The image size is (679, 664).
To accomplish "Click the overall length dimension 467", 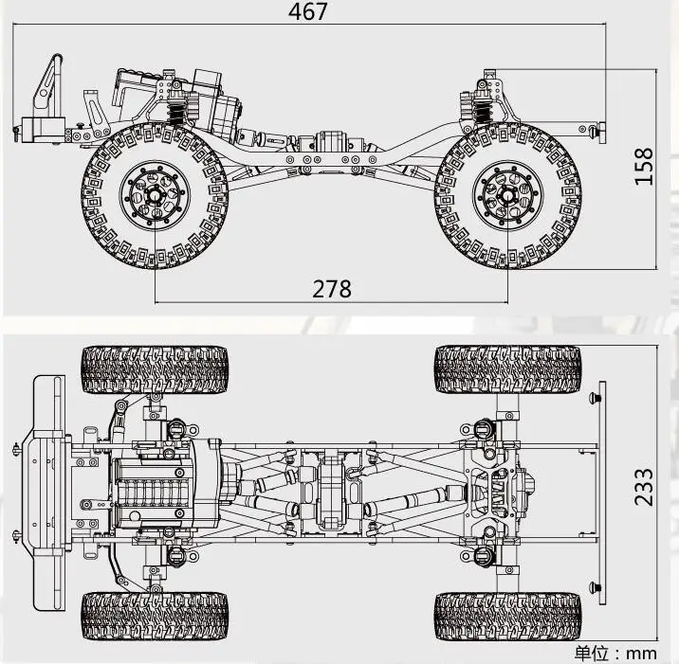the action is point(308,11).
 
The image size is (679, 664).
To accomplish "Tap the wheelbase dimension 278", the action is point(332,289).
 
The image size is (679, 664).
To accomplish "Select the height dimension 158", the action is point(644,167).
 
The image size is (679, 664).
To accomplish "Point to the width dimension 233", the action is point(644,487).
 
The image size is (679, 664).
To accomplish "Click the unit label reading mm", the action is point(641,653).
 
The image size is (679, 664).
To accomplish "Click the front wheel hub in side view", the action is point(155,195).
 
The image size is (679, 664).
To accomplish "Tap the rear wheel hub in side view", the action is point(507,195).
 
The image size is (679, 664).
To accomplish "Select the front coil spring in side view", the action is point(175,114).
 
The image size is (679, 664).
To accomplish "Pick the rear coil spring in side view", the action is point(482,112).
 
